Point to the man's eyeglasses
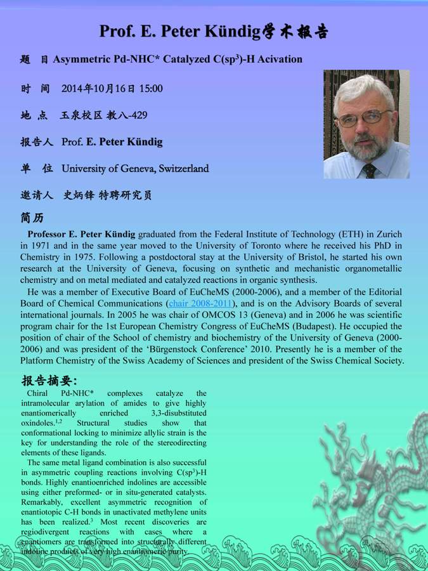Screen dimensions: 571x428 [366, 117]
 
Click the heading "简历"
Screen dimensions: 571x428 [32, 218]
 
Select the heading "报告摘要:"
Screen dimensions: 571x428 [49, 381]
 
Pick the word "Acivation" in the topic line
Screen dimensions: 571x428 [280, 60]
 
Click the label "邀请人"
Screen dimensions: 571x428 [37, 196]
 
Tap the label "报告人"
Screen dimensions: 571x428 [37, 142]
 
